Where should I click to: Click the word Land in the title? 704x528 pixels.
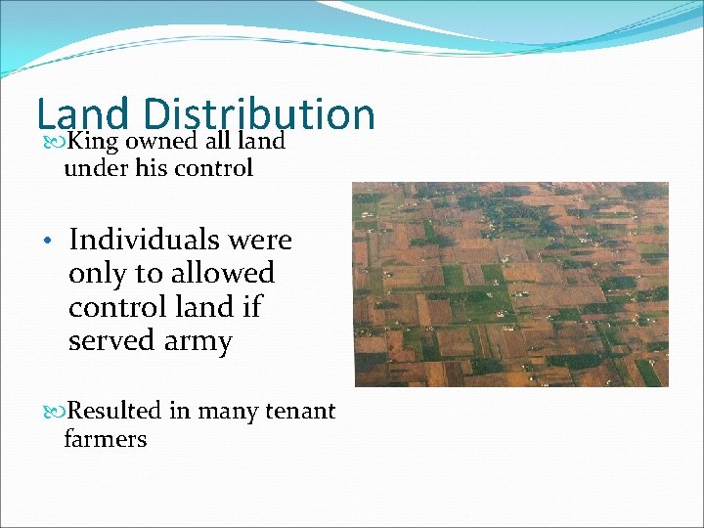coord(82,113)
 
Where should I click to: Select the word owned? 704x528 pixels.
coord(159,142)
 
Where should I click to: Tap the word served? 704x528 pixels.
coord(110,340)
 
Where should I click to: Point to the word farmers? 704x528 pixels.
coord(105,439)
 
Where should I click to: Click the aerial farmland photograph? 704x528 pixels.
coord(510,284)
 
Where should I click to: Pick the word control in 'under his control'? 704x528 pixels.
coord(215,168)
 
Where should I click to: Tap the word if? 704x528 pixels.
coord(251,307)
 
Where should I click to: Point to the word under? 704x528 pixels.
coord(92,168)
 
